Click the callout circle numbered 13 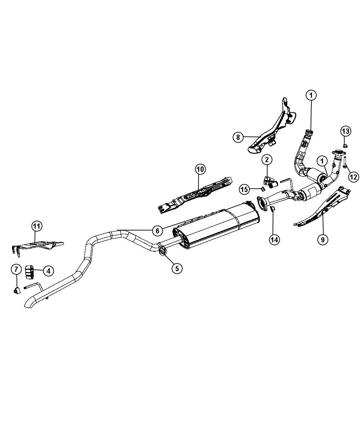coord(346,131)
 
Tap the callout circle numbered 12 coord(353,177)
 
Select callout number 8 coord(238,137)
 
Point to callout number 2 coord(267,160)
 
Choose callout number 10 coord(201,169)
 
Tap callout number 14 coord(274,240)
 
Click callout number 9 coord(323,240)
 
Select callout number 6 coord(157,231)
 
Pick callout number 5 coord(177,268)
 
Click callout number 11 coord(37,226)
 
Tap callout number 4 coord(48,271)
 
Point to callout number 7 coord(16,269)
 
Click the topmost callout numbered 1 coord(311,95)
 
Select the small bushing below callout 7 coord(17,291)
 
